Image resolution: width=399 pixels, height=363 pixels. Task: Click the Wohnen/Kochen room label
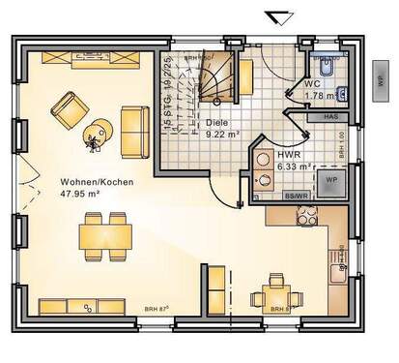tap(96, 181)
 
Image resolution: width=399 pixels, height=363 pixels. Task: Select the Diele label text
tap(216, 123)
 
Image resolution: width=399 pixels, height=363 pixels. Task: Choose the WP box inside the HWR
tap(330, 181)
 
